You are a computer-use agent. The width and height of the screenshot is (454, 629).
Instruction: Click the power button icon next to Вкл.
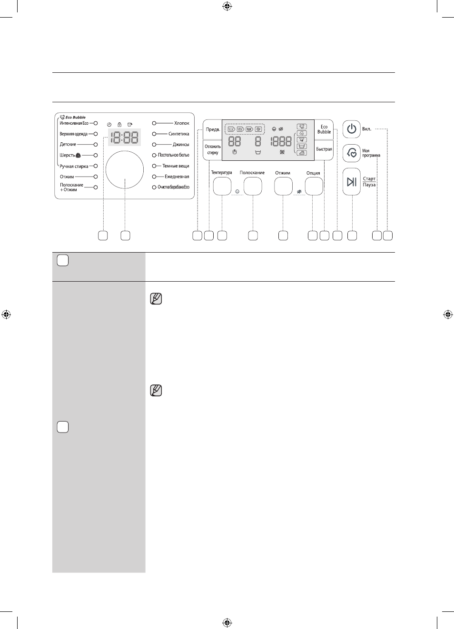pos(352,129)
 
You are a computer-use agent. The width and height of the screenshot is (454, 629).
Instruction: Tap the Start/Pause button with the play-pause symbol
pos(352,182)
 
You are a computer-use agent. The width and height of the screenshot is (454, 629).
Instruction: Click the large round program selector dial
pos(125,169)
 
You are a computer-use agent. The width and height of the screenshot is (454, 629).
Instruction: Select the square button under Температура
pos(222,186)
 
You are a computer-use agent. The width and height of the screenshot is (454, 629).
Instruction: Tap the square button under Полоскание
pos(253,186)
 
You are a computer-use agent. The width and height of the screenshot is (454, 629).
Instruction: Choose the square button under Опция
pos(314,186)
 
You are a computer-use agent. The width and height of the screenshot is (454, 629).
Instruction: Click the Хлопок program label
pos(182,123)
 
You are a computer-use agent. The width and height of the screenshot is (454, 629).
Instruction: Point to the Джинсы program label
pos(181,144)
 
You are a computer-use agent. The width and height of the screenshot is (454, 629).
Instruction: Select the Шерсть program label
pos(67,155)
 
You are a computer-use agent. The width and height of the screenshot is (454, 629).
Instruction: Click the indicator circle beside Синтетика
pos(154,134)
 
